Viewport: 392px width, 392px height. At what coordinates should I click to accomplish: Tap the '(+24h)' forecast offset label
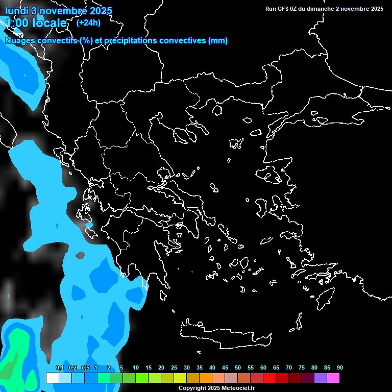point(89,22)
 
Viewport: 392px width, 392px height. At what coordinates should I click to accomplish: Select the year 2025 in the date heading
point(100,11)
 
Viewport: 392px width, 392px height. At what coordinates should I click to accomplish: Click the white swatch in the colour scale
point(53,378)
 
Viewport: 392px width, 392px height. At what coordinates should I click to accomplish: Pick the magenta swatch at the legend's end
point(333,378)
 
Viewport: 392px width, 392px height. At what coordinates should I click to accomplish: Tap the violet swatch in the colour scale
point(321,378)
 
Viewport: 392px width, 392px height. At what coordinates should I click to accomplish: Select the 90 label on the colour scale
point(339,367)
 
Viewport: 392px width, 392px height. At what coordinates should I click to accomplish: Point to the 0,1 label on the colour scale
point(59,367)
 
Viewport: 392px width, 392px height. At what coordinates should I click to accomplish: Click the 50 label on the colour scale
point(238,367)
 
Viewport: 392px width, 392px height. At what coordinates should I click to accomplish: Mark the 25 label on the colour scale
point(174,367)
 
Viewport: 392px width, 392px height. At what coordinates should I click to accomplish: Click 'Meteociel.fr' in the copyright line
point(238,388)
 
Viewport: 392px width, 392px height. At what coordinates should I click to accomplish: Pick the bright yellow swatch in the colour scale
point(180,378)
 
